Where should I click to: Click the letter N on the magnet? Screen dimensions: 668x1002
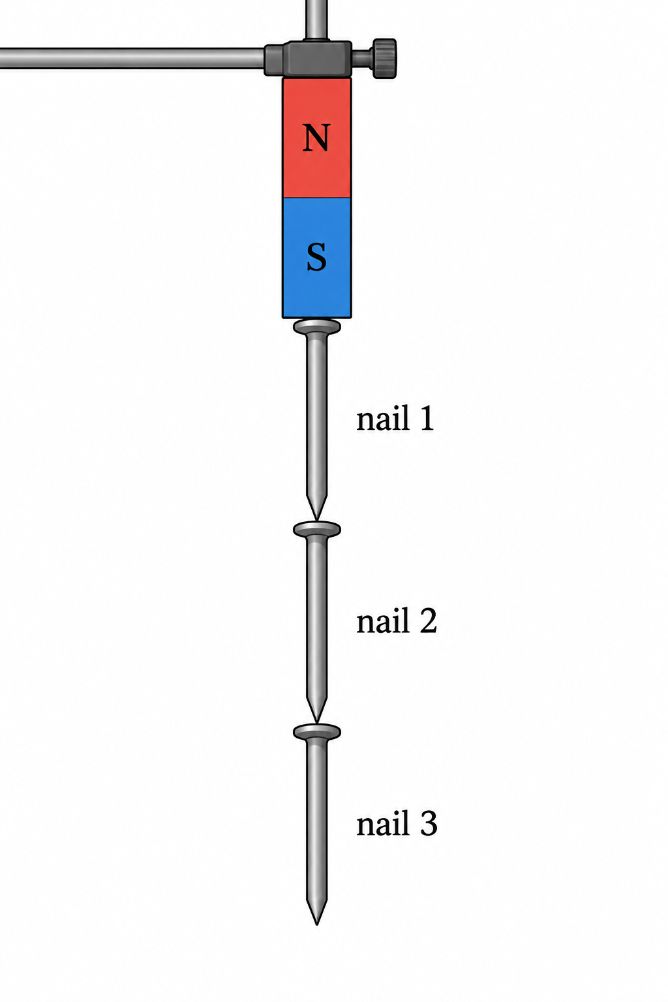316,138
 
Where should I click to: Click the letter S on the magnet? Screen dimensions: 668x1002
316,257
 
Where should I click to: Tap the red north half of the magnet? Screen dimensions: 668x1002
316,138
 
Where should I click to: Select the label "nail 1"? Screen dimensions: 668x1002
395,417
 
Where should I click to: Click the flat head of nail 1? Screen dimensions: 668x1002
317,327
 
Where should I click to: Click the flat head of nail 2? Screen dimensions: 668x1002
317,529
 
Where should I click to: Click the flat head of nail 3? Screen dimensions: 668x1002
317,732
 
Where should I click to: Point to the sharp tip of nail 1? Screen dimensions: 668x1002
317,520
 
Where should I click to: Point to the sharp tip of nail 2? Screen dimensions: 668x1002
317,723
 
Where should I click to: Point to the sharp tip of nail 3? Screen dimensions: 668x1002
317,924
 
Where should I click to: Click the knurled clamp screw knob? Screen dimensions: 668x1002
383,58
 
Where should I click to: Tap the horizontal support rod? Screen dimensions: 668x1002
132,58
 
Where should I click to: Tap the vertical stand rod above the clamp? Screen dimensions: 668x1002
316,20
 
